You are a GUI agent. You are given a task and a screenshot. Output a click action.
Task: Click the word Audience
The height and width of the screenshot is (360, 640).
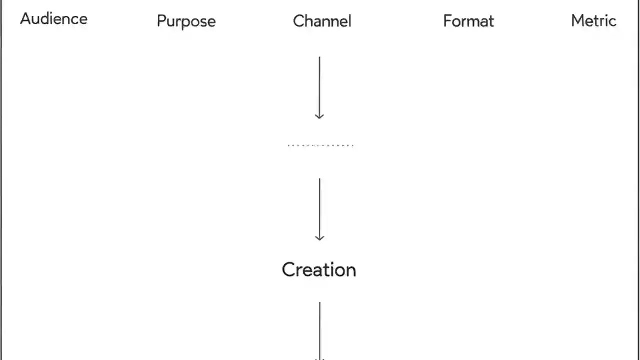pos(54,19)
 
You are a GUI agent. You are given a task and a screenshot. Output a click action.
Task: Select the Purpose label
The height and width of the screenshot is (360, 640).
pos(186,21)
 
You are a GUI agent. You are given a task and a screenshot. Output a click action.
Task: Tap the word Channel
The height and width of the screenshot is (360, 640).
pos(322,21)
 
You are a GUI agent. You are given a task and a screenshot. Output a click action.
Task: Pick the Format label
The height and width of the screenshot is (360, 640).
pos(468,21)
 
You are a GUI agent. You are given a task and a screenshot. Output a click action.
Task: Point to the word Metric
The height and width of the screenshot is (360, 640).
pos(593,21)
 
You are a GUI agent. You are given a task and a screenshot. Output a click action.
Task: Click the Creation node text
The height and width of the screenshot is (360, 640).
pos(319,270)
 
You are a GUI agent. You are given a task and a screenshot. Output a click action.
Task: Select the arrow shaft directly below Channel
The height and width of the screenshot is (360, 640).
pos(319,85)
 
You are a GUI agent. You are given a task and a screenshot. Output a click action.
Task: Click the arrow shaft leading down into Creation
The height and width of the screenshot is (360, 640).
pos(319,207)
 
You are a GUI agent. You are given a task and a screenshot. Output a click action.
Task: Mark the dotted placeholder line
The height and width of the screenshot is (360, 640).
pos(320,145)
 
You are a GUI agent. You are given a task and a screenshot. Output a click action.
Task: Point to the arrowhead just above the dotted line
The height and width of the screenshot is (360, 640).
pos(319,116)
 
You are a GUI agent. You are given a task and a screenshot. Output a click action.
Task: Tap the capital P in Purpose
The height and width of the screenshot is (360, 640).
pos(161,21)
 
